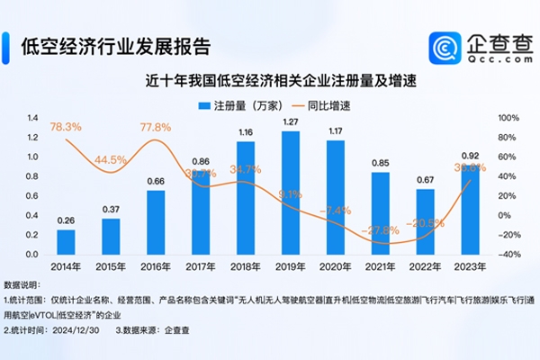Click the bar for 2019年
point(291,193)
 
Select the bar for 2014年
point(66,241)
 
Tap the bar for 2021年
point(381,212)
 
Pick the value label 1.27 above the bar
point(291,121)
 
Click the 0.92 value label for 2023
point(471,155)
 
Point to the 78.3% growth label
point(67,127)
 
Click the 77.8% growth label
point(157,128)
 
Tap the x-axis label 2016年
point(156,266)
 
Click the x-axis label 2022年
point(426,266)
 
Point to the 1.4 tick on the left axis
point(31,118)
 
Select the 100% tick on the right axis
point(508,118)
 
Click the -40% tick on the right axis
point(508,254)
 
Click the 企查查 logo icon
point(445,48)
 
